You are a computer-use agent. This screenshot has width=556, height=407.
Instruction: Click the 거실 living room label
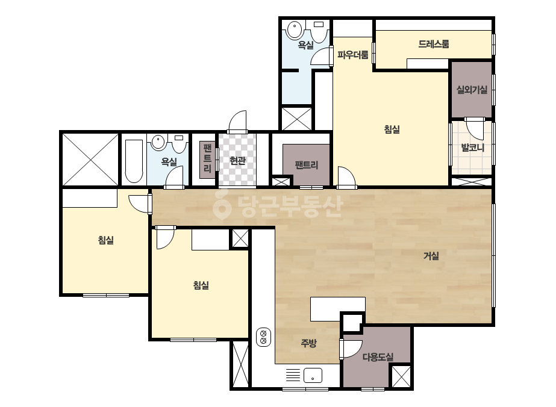click(431, 256)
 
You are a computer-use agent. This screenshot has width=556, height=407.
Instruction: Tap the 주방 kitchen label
click(308, 343)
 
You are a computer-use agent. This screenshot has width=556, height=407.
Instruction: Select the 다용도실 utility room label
click(378, 357)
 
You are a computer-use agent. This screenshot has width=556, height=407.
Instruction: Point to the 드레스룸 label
click(434, 44)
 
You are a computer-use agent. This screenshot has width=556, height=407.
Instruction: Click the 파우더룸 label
click(353, 55)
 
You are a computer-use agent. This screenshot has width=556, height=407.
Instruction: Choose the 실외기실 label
click(472, 90)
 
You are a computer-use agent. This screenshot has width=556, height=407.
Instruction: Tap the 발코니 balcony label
click(472, 148)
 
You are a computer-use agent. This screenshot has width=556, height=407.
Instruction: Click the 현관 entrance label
click(237, 161)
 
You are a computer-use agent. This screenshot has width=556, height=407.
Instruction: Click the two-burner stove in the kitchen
click(263, 337)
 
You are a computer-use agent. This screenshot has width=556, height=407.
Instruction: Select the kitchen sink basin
click(313, 376)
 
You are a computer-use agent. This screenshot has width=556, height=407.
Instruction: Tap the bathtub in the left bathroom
click(134, 161)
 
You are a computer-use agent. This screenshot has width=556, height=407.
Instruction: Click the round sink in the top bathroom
click(295, 30)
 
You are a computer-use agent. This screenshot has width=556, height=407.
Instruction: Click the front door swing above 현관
click(237, 122)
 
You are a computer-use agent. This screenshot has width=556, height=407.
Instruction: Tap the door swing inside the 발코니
click(475, 128)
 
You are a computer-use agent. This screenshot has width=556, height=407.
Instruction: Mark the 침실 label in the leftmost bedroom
click(105, 240)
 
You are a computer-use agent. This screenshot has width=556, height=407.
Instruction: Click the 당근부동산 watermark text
click(278, 207)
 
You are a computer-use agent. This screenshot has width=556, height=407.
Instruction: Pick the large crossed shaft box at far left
click(90, 159)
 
